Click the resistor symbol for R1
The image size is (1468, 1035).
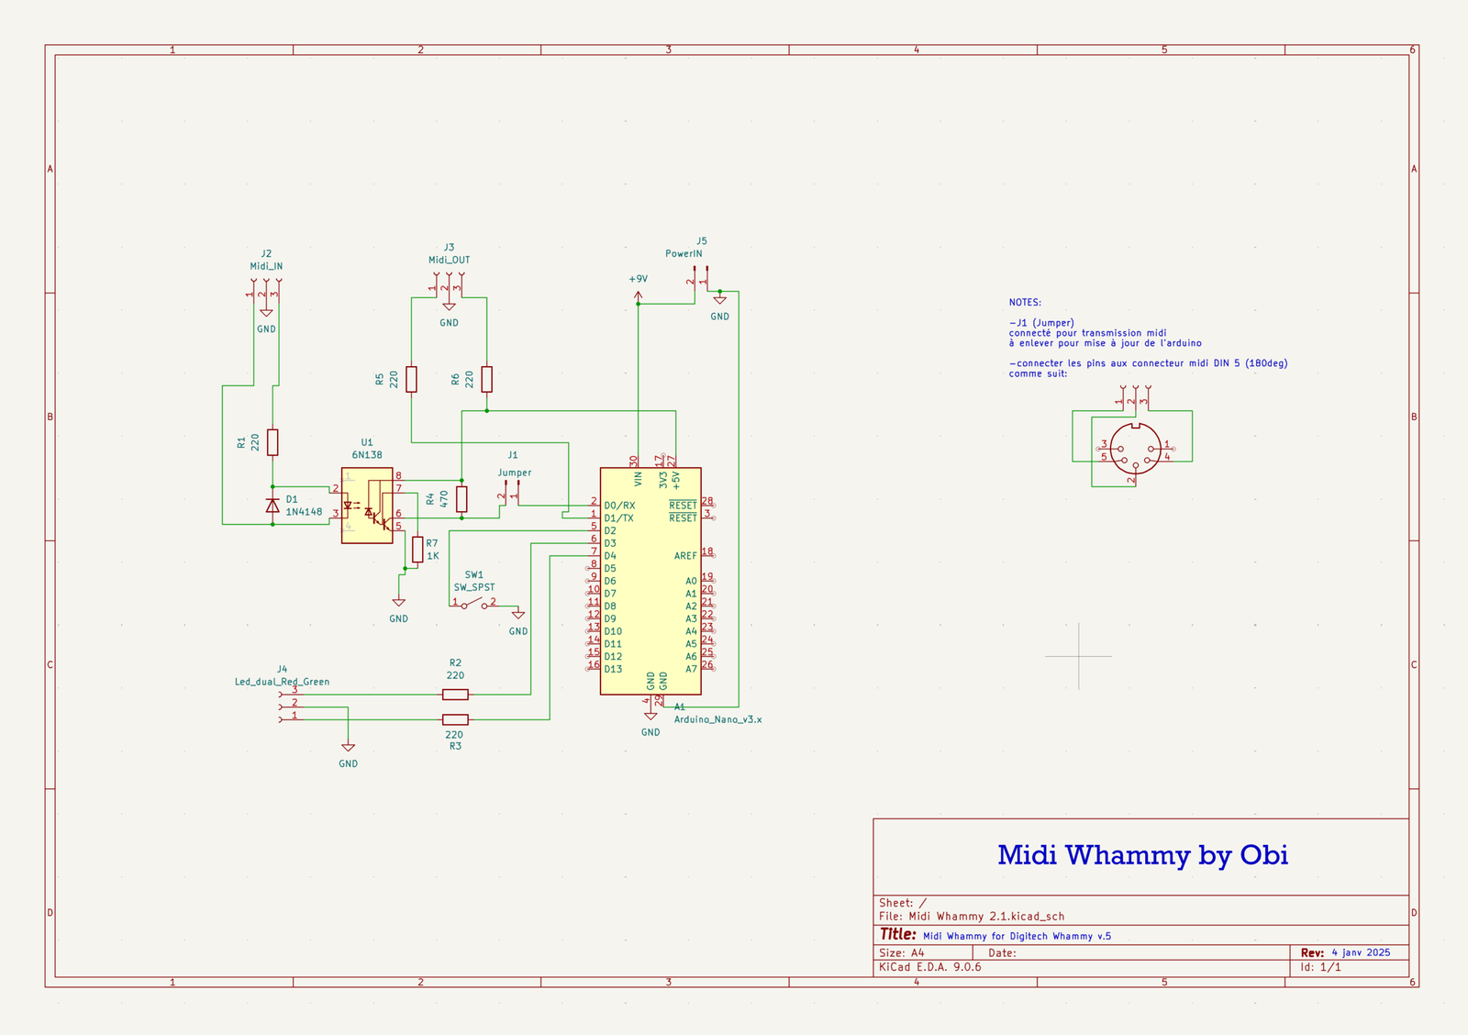[272, 442]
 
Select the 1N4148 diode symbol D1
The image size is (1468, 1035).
[272, 506]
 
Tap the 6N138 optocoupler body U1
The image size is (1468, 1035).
[367, 506]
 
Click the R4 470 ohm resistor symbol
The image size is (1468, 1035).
[462, 499]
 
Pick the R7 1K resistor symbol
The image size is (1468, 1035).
[417, 550]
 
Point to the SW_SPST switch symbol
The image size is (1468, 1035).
[474, 604]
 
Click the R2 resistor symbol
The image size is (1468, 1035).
[455, 695]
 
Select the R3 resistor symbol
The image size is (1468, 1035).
[455, 719]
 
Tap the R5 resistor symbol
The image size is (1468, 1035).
[411, 379]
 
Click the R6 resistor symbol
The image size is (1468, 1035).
[486, 379]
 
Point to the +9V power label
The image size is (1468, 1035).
[638, 279]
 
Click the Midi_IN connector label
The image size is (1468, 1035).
[266, 266]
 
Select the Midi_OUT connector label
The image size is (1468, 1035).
[449, 260]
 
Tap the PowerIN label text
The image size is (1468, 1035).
[684, 254]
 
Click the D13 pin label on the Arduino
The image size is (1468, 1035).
[613, 669]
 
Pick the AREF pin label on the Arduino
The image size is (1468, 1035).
[684, 556]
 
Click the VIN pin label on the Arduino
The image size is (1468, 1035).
[638, 478]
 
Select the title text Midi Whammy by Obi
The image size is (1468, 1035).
[1142, 855]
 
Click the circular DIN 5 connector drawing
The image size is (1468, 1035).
[1135, 450]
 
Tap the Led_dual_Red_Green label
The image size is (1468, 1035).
[282, 682]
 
